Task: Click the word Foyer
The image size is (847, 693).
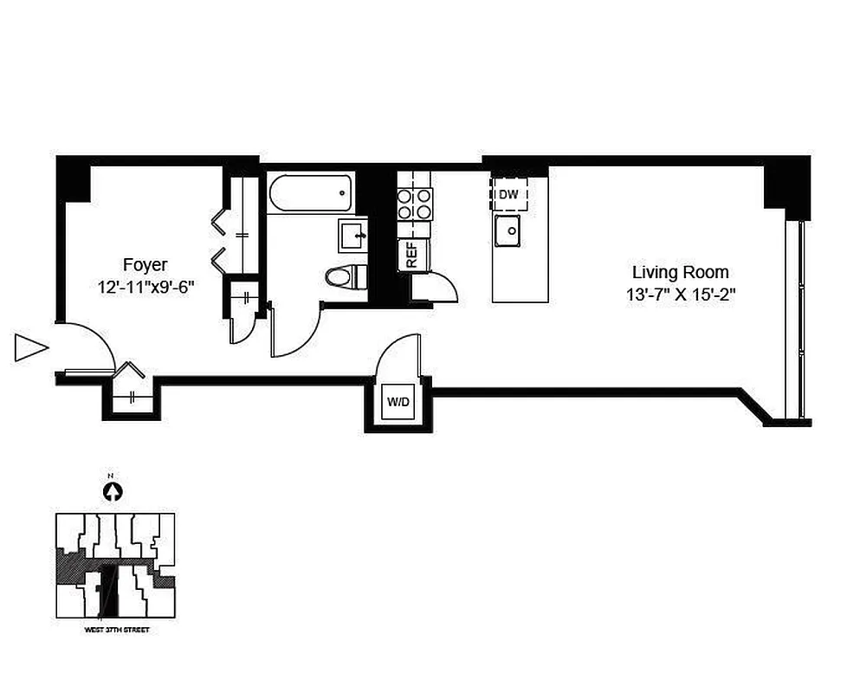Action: (145, 265)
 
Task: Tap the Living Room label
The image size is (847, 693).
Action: (680, 272)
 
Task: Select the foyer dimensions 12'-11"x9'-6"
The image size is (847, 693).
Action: (145, 288)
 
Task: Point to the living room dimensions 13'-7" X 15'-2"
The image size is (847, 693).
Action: (681, 295)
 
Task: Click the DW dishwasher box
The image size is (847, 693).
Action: (509, 195)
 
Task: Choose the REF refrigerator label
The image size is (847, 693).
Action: (412, 255)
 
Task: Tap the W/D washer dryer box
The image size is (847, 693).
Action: (398, 402)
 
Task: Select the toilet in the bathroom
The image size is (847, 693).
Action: (345, 276)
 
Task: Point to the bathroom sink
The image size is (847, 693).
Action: (352, 234)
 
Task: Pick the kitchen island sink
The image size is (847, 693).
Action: (507, 230)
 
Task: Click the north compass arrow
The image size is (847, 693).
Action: (112, 491)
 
